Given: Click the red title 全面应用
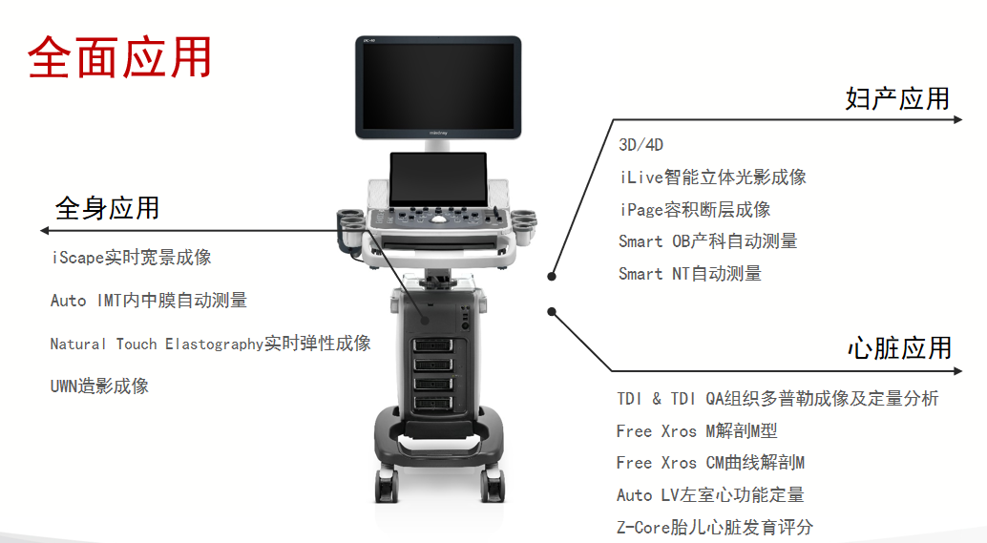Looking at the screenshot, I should [x=120, y=58].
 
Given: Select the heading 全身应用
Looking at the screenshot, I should [x=107, y=208].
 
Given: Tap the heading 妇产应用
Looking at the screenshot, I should [x=897, y=98].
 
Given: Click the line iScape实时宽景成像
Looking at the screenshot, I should [x=131, y=258].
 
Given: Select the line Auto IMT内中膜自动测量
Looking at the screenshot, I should [x=148, y=301].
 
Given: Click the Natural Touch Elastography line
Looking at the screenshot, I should [x=210, y=344].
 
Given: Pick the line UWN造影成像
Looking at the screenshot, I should [x=99, y=386].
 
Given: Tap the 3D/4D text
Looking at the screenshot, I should [x=640, y=145].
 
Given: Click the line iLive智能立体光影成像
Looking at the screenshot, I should [x=712, y=178].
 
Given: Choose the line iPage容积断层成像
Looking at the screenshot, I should [x=694, y=210].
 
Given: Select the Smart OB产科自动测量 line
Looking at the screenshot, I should [x=707, y=241].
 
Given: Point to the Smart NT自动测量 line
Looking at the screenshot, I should [x=689, y=274].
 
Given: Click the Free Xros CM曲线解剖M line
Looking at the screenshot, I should [x=710, y=463].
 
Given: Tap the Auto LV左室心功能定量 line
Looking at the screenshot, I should [x=710, y=495].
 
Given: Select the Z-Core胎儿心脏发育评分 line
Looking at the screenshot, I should [x=714, y=528].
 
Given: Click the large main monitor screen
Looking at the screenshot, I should [x=439, y=85].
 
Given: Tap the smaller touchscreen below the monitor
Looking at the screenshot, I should [x=438, y=178].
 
